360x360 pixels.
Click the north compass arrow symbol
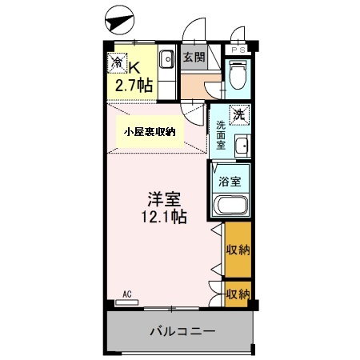click(119, 21)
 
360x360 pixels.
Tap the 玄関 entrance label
click(194, 57)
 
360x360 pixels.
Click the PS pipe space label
click(238, 50)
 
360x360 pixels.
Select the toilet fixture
click(238, 74)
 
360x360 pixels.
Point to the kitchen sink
click(167, 59)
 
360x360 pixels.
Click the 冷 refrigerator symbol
click(118, 63)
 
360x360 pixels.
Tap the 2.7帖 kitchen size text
click(134, 86)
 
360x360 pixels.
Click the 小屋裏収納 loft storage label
click(150, 132)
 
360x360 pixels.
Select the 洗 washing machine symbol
click(239, 114)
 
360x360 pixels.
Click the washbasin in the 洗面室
click(242, 146)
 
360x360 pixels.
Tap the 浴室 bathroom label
click(230, 182)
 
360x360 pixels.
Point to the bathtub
click(231, 205)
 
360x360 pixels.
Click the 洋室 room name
click(164, 199)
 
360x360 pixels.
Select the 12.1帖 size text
click(164, 217)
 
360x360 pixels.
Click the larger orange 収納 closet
click(238, 250)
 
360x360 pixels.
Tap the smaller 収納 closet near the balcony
click(238, 294)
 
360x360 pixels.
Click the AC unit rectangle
click(126, 302)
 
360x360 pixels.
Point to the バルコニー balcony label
click(182, 331)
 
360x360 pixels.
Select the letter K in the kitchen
click(134, 68)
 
